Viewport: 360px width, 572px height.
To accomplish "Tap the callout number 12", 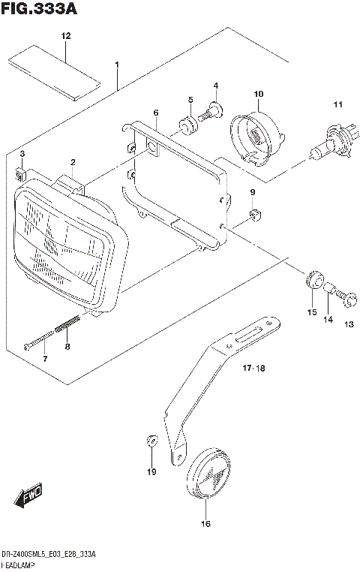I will [x=66, y=36].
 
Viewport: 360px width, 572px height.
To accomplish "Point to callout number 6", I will [x=155, y=113].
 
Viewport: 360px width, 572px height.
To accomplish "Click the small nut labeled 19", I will [x=151, y=441].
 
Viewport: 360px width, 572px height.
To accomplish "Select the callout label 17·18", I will [x=255, y=369].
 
